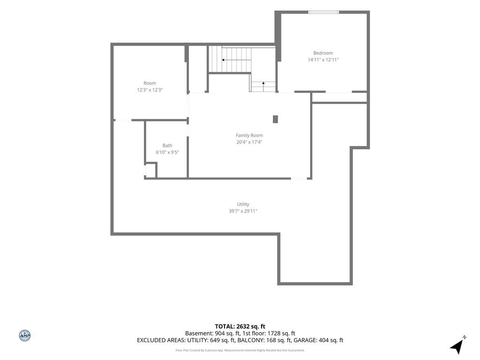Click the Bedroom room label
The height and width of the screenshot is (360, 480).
pos(323,53)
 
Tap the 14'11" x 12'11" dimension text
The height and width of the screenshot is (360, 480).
pos(323,60)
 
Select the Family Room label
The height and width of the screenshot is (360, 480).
pos(249,135)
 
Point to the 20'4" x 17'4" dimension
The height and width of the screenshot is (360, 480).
pos(249,142)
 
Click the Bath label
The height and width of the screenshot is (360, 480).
pos(167,145)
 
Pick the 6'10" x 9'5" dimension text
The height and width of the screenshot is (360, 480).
pos(167,152)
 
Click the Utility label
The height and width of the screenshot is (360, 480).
pos(243,204)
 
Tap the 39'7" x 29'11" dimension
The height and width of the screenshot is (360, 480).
pos(243,211)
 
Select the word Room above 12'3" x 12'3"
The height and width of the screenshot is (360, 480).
pos(150,83)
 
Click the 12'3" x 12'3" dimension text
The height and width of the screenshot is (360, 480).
pos(150,90)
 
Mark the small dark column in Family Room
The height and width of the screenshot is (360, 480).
pos(275,119)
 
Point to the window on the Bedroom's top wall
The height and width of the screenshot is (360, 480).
pos(323,12)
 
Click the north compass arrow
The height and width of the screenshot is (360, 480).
pos(457,346)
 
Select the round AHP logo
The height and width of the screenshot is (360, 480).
pos(25,336)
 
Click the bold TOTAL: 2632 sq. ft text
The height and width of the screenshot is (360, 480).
pos(240,326)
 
